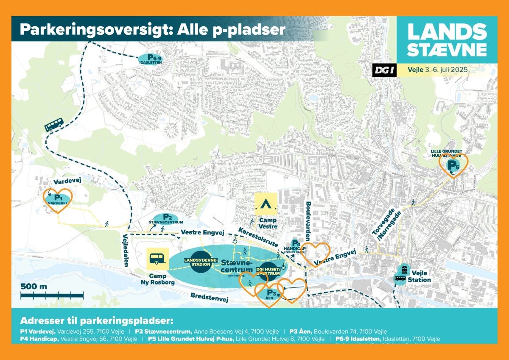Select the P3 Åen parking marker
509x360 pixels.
272,293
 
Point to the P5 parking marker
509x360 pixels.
453,165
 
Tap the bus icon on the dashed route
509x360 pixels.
54,124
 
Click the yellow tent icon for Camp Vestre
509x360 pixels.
266,204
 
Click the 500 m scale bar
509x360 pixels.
52,294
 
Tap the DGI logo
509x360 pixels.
384,70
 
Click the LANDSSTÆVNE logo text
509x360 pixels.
447,40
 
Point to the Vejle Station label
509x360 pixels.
419,276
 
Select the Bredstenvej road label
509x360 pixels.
209,298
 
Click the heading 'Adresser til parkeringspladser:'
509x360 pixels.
97,320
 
